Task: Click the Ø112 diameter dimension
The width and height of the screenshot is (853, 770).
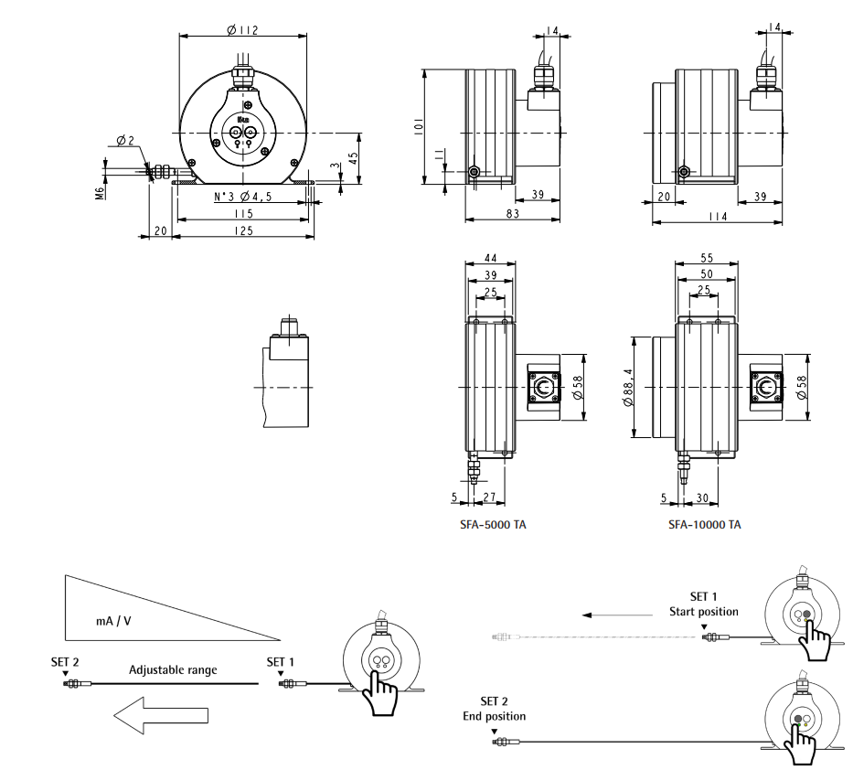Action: tap(242, 29)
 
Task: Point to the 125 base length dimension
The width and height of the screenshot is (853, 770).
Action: tap(242, 231)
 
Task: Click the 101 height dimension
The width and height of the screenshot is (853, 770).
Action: tap(416, 126)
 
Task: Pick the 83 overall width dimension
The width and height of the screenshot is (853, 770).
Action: tap(512, 214)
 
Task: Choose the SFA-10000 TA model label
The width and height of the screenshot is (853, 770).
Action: tap(704, 525)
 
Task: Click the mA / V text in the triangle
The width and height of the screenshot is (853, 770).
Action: tap(113, 619)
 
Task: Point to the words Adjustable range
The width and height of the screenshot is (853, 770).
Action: tap(173, 669)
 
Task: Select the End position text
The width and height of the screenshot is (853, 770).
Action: tap(494, 716)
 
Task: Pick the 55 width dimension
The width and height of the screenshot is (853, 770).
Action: tap(705, 260)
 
